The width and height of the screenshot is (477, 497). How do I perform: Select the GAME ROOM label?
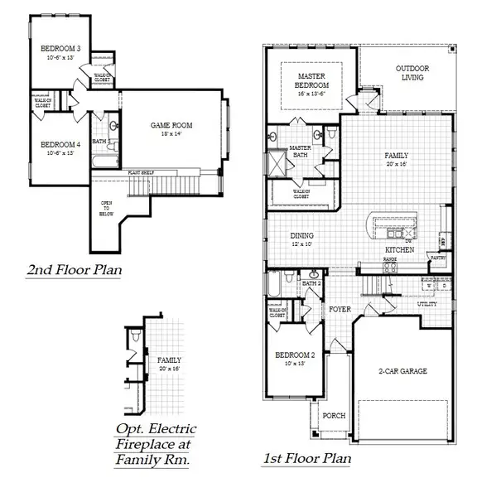pos(171,125)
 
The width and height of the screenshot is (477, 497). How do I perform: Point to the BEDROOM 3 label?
pos(60,49)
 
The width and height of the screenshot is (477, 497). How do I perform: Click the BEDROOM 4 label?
pos(60,145)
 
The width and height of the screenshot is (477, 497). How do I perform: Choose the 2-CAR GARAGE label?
pos(402,371)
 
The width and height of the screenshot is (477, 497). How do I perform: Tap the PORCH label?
pos(334,416)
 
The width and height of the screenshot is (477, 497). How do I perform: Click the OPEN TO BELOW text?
pos(106,207)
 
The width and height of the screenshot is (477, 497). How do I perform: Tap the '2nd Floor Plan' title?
pos(72,271)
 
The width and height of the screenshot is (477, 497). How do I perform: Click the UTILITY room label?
pos(426,305)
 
